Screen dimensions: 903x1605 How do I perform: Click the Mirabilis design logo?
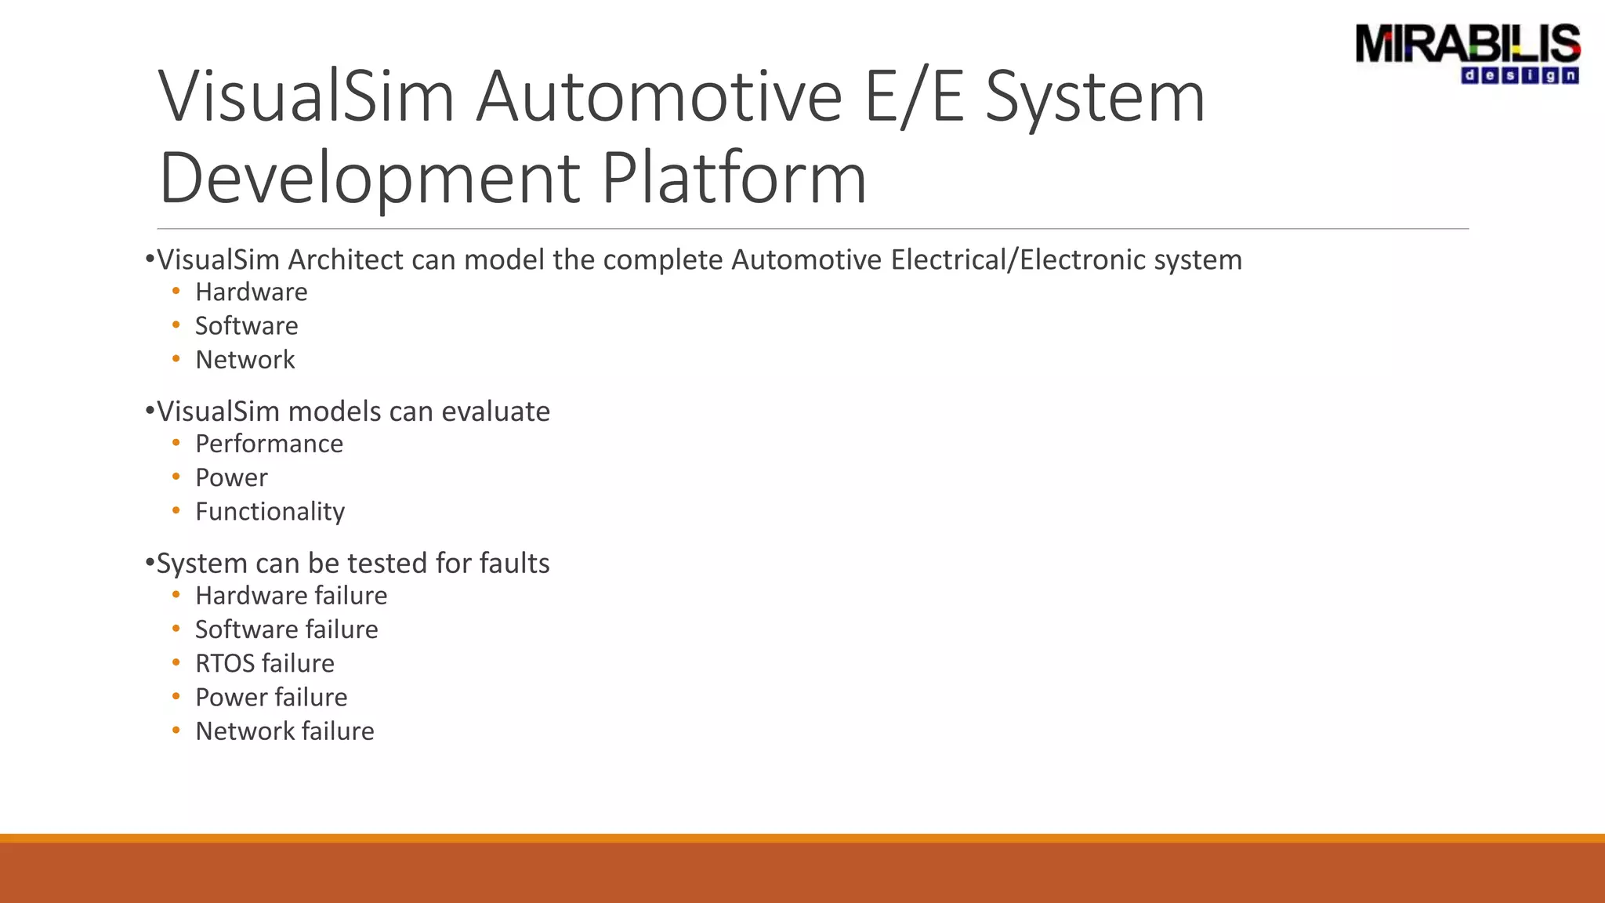(1467, 53)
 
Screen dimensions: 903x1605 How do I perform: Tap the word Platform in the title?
(734, 178)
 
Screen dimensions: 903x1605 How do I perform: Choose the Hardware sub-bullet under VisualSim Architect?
(251, 292)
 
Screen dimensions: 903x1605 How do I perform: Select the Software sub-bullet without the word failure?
(246, 325)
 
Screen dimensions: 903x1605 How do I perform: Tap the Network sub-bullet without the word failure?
(245, 359)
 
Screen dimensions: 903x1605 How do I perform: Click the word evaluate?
(495, 412)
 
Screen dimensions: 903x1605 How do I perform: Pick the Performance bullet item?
(269, 444)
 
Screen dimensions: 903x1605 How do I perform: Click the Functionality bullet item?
(270, 511)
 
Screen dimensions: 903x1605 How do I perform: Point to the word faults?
(514, 563)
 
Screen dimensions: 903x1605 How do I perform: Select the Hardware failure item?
(291, 596)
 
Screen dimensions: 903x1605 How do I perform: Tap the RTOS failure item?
(264, 663)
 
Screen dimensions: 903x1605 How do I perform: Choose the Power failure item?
(271, 697)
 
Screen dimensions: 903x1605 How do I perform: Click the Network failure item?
(284, 731)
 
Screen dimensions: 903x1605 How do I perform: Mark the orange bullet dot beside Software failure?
(176, 629)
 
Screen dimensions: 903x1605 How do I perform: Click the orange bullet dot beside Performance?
(176, 443)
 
